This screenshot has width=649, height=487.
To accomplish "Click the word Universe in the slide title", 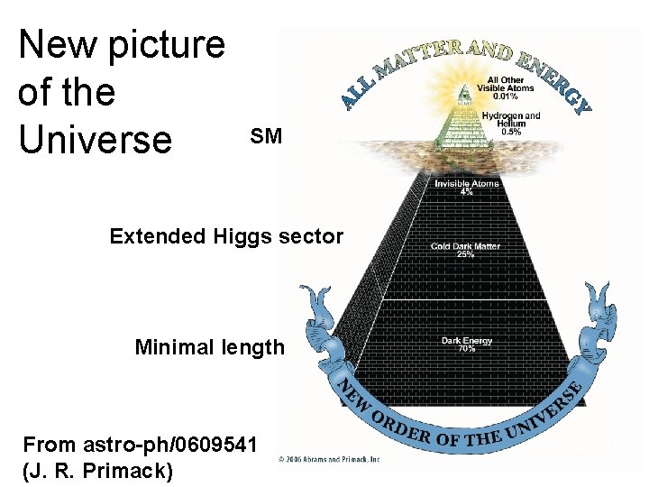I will coord(95,138).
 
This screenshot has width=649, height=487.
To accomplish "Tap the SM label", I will coord(266,137).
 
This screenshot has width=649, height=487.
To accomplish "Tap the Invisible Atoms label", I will coord(465,184).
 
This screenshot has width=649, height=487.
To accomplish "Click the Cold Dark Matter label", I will coord(465,245).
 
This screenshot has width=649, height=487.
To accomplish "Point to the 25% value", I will coord(465,254).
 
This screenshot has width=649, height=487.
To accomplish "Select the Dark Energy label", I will coord(465,340).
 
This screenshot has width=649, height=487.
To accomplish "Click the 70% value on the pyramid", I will coord(465,348).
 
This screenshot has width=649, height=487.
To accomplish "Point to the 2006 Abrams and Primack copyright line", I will coord(330,457).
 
